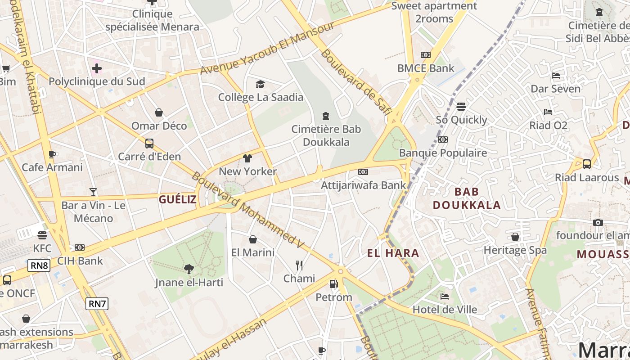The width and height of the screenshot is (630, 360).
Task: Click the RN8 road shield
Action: tap(39, 265)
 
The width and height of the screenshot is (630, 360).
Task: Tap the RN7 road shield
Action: tap(97, 304)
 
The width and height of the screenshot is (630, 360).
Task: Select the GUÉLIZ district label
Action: tap(178, 199)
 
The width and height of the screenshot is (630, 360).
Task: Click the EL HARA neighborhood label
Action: tap(393, 253)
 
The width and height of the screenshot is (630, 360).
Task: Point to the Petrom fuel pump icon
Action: tap(333, 284)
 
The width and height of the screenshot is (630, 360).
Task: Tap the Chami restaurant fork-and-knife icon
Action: tap(299, 265)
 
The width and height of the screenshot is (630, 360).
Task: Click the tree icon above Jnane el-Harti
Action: tap(189, 269)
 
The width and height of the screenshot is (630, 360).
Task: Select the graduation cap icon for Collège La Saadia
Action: tap(260, 84)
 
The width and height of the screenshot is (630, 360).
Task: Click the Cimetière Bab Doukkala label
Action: tap(326, 135)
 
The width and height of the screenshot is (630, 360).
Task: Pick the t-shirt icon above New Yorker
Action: tap(247, 158)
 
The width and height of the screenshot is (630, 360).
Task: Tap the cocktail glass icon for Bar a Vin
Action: tap(93, 192)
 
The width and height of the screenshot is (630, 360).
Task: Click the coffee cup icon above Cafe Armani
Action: tap(52, 154)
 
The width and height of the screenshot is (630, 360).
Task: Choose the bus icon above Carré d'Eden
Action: tap(149, 144)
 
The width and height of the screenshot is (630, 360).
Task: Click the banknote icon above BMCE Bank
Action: tap(425, 55)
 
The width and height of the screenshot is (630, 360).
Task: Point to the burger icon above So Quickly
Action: tap(461, 107)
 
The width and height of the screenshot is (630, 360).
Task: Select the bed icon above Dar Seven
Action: tap(556, 76)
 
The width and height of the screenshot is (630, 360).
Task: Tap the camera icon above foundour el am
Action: tap(598, 222)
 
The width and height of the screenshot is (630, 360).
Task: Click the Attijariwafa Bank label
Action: tap(363, 185)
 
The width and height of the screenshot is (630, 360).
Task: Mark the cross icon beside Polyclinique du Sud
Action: tap(96, 69)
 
